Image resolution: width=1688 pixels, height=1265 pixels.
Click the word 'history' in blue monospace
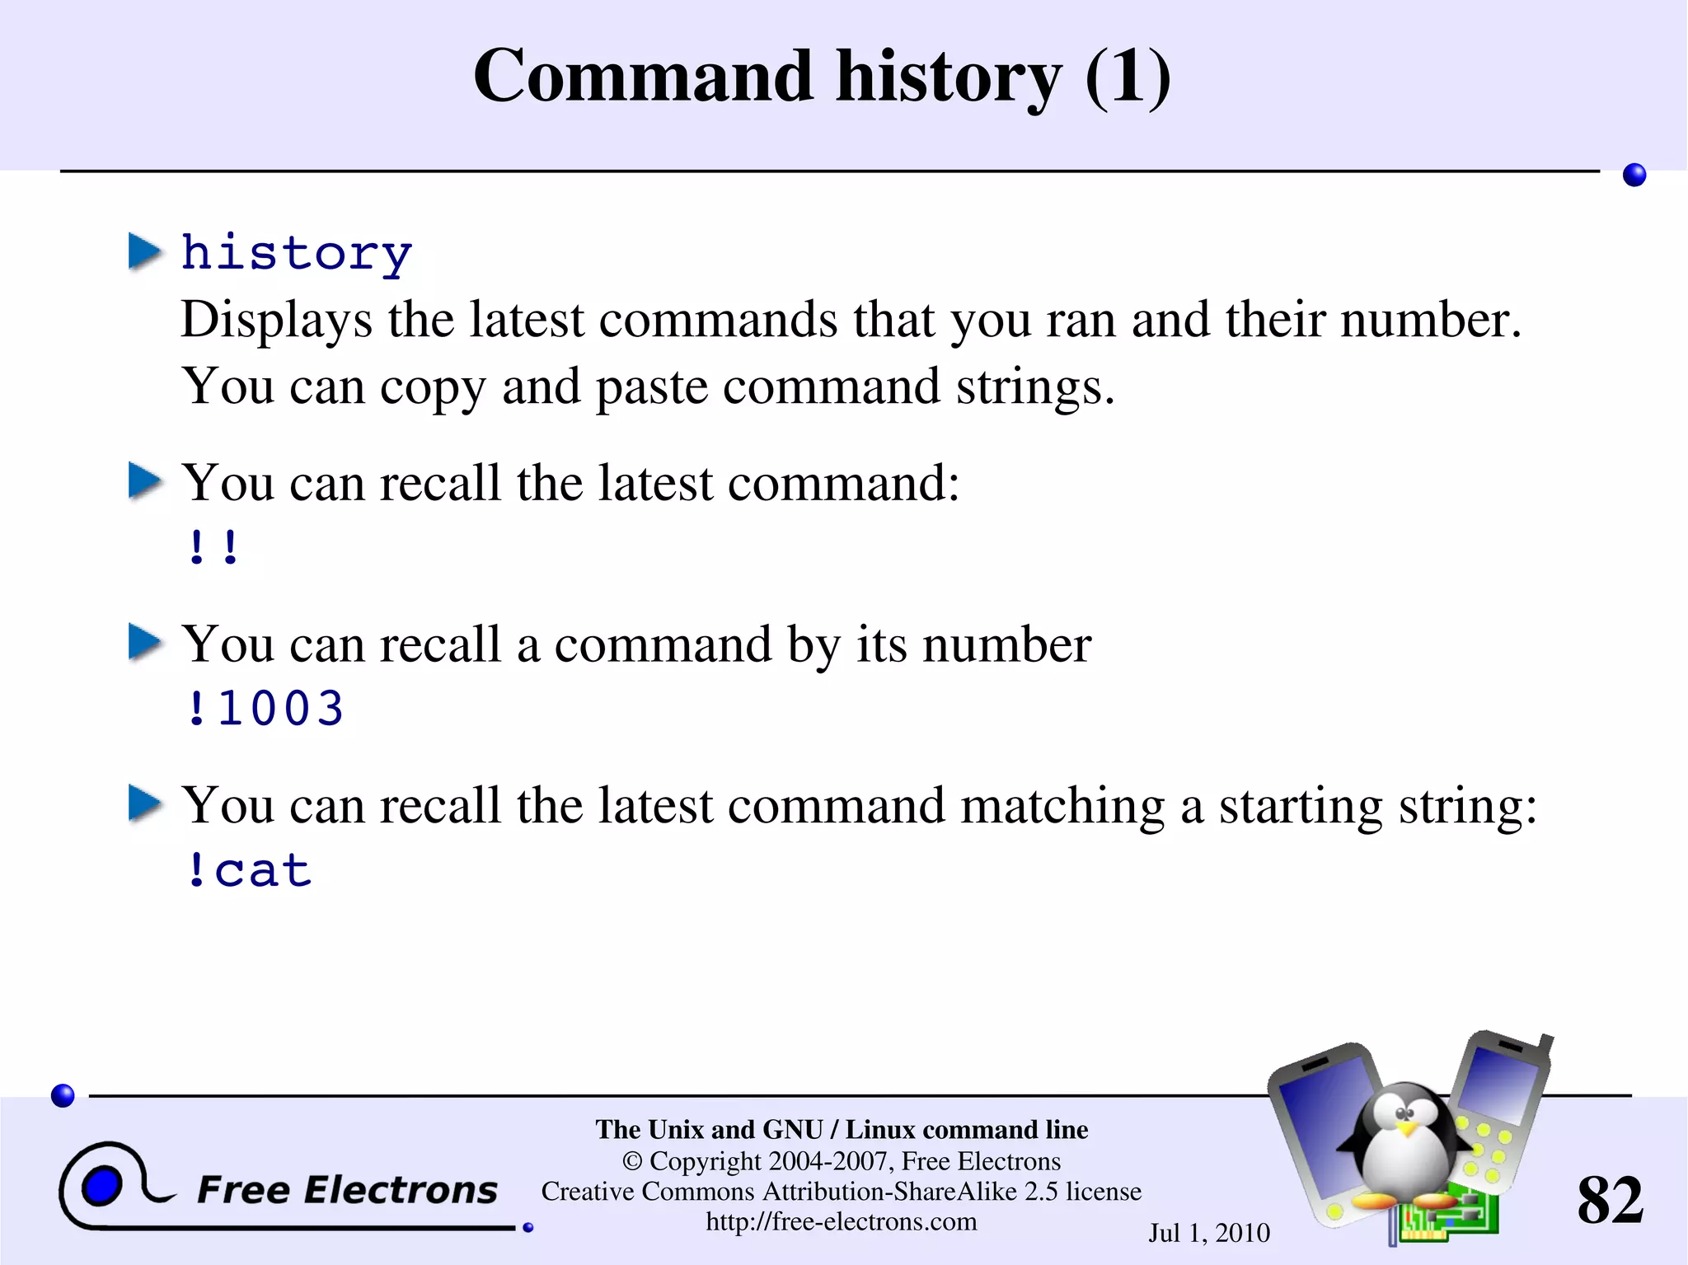pyautogui.click(x=296, y=253)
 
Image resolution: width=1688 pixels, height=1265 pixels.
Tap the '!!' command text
pyautogui.click(x=213, y=547)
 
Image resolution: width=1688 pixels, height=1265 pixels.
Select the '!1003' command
pyautogui.click(x=264, y=709)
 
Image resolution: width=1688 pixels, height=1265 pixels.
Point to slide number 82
pyautogui.click(x=1610, y=1200)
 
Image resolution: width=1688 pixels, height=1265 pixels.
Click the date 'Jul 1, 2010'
pyautogui.click(x=1209, y=1233)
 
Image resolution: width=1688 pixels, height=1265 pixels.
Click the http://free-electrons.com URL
pyautogui.click(x=841, y=1221)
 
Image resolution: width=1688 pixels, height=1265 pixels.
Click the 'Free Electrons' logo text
pyautogui.click(x=347, y=1190)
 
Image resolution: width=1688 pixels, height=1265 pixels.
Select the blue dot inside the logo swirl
pyautogui.click(x=102, y=1187)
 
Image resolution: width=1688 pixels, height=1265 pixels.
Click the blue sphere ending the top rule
pyautogui.click(x=1634, y=175)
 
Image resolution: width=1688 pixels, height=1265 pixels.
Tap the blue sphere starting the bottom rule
pyautogui.click(x=63, y=1095)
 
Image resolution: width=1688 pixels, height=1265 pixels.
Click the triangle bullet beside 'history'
pyautogui.click(x=146, y=251)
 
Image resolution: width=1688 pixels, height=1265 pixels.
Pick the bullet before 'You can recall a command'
pyautogui.click(x=146, y=643)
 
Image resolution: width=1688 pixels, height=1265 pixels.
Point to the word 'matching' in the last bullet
pyautogui.click(x=1062, y=805)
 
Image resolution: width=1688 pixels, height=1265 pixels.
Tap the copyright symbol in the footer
pyautogui.click(x=632, y=1161)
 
